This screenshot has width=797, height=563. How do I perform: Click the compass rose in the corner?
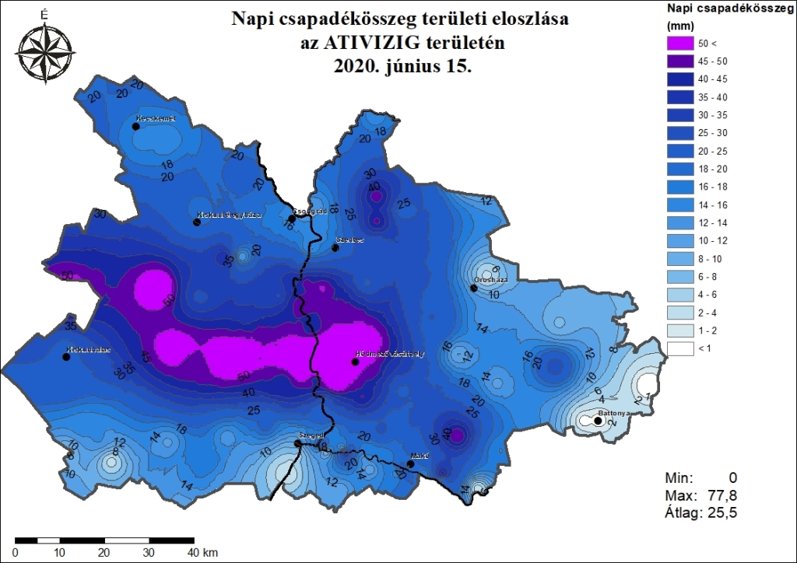[x=44, y=51]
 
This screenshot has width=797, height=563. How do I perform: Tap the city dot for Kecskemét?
[x=136, y=125]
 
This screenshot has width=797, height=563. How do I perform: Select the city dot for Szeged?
[x=297, y=443]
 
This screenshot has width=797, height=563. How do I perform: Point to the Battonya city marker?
[x=598, y=421]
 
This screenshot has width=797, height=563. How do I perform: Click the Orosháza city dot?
[x=473, y=288]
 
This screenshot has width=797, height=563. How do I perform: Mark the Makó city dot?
[x=411, y=464]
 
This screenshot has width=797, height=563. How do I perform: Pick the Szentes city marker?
[x=335, y=248]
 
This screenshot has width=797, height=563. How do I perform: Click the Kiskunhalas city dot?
[x=66, y=358]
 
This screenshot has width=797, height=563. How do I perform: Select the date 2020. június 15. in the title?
[x=402, y=67]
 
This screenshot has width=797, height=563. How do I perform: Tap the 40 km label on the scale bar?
[x=205, y=553]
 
